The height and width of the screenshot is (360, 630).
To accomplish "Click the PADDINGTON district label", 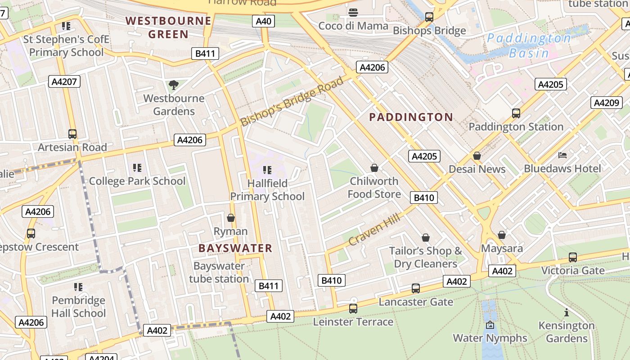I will coord(411,117).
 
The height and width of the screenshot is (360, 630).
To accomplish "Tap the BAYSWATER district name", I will coord(235,248).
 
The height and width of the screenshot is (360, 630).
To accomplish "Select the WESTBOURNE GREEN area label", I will coord(168,27).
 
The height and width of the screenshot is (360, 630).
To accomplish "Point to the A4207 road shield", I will coord(64,81).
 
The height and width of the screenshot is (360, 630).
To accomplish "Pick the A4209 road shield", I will coord(606,103).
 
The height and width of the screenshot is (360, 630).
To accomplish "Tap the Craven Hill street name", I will coord(374,230).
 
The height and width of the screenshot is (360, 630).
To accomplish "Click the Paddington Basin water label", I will coord(529,45).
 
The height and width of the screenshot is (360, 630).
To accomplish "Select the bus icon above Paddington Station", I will coord(516,113).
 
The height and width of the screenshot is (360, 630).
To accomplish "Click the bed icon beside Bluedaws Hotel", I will coord(562,155).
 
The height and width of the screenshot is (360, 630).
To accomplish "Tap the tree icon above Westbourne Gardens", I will coord(173,85).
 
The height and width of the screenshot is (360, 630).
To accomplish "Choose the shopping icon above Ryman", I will coord(231,218).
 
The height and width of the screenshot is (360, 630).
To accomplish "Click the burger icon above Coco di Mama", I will coord(353,12).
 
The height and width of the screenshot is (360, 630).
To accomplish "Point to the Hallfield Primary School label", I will coord(267,190).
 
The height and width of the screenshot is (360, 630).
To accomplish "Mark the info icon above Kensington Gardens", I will coord(567,312).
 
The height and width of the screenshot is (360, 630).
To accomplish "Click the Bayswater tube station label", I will coord(219,272).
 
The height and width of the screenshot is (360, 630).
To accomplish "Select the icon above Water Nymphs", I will coord(490,325).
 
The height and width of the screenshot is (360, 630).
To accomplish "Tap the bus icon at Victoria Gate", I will coord(572,257).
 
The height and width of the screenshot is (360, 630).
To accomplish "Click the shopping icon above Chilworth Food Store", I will coord(374,168).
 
